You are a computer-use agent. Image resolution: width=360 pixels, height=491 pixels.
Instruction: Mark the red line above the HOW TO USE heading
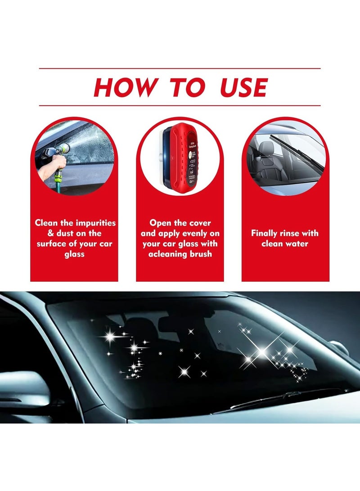tap(180, 68)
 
